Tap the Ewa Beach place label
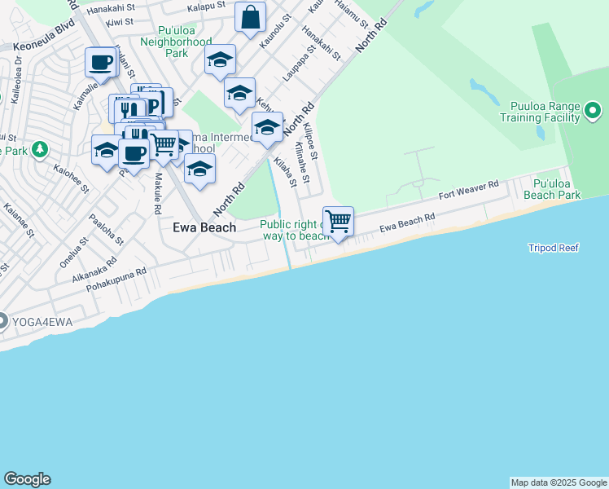click(204, 228)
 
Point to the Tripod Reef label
click(553, 248)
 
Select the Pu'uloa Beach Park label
click(557, 190)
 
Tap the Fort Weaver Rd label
click(468, 192)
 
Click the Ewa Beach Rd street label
click(407, 222)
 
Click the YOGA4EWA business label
click(42, 323)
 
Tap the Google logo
click(27, 479)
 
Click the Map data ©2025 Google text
click(559, 482)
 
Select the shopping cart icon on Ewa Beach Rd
click(338, 221)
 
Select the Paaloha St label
click(106, 231)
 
